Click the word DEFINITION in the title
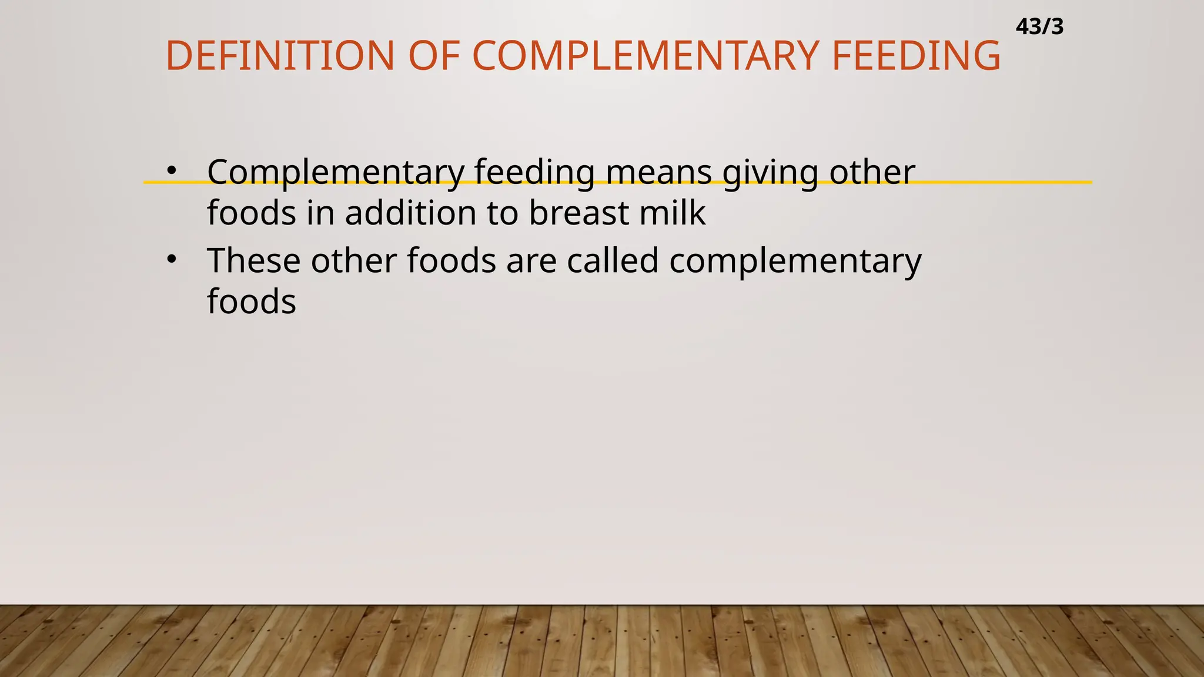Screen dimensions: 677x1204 coord(280,56)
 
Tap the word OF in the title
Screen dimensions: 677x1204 coord(434,56)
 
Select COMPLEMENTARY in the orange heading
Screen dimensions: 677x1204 coord(646,56)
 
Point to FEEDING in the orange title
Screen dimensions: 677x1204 coord(916,56)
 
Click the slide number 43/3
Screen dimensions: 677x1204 coord(1039,27)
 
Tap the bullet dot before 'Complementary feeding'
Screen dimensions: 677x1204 coord(171,171)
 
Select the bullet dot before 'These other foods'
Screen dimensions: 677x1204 coord(171,259)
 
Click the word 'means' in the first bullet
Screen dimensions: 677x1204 coord(658,173)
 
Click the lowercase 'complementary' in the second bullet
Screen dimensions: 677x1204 coord(795,262)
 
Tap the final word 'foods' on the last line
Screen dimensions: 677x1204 coord(252,302)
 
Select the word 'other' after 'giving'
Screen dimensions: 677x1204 coord(872,173)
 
